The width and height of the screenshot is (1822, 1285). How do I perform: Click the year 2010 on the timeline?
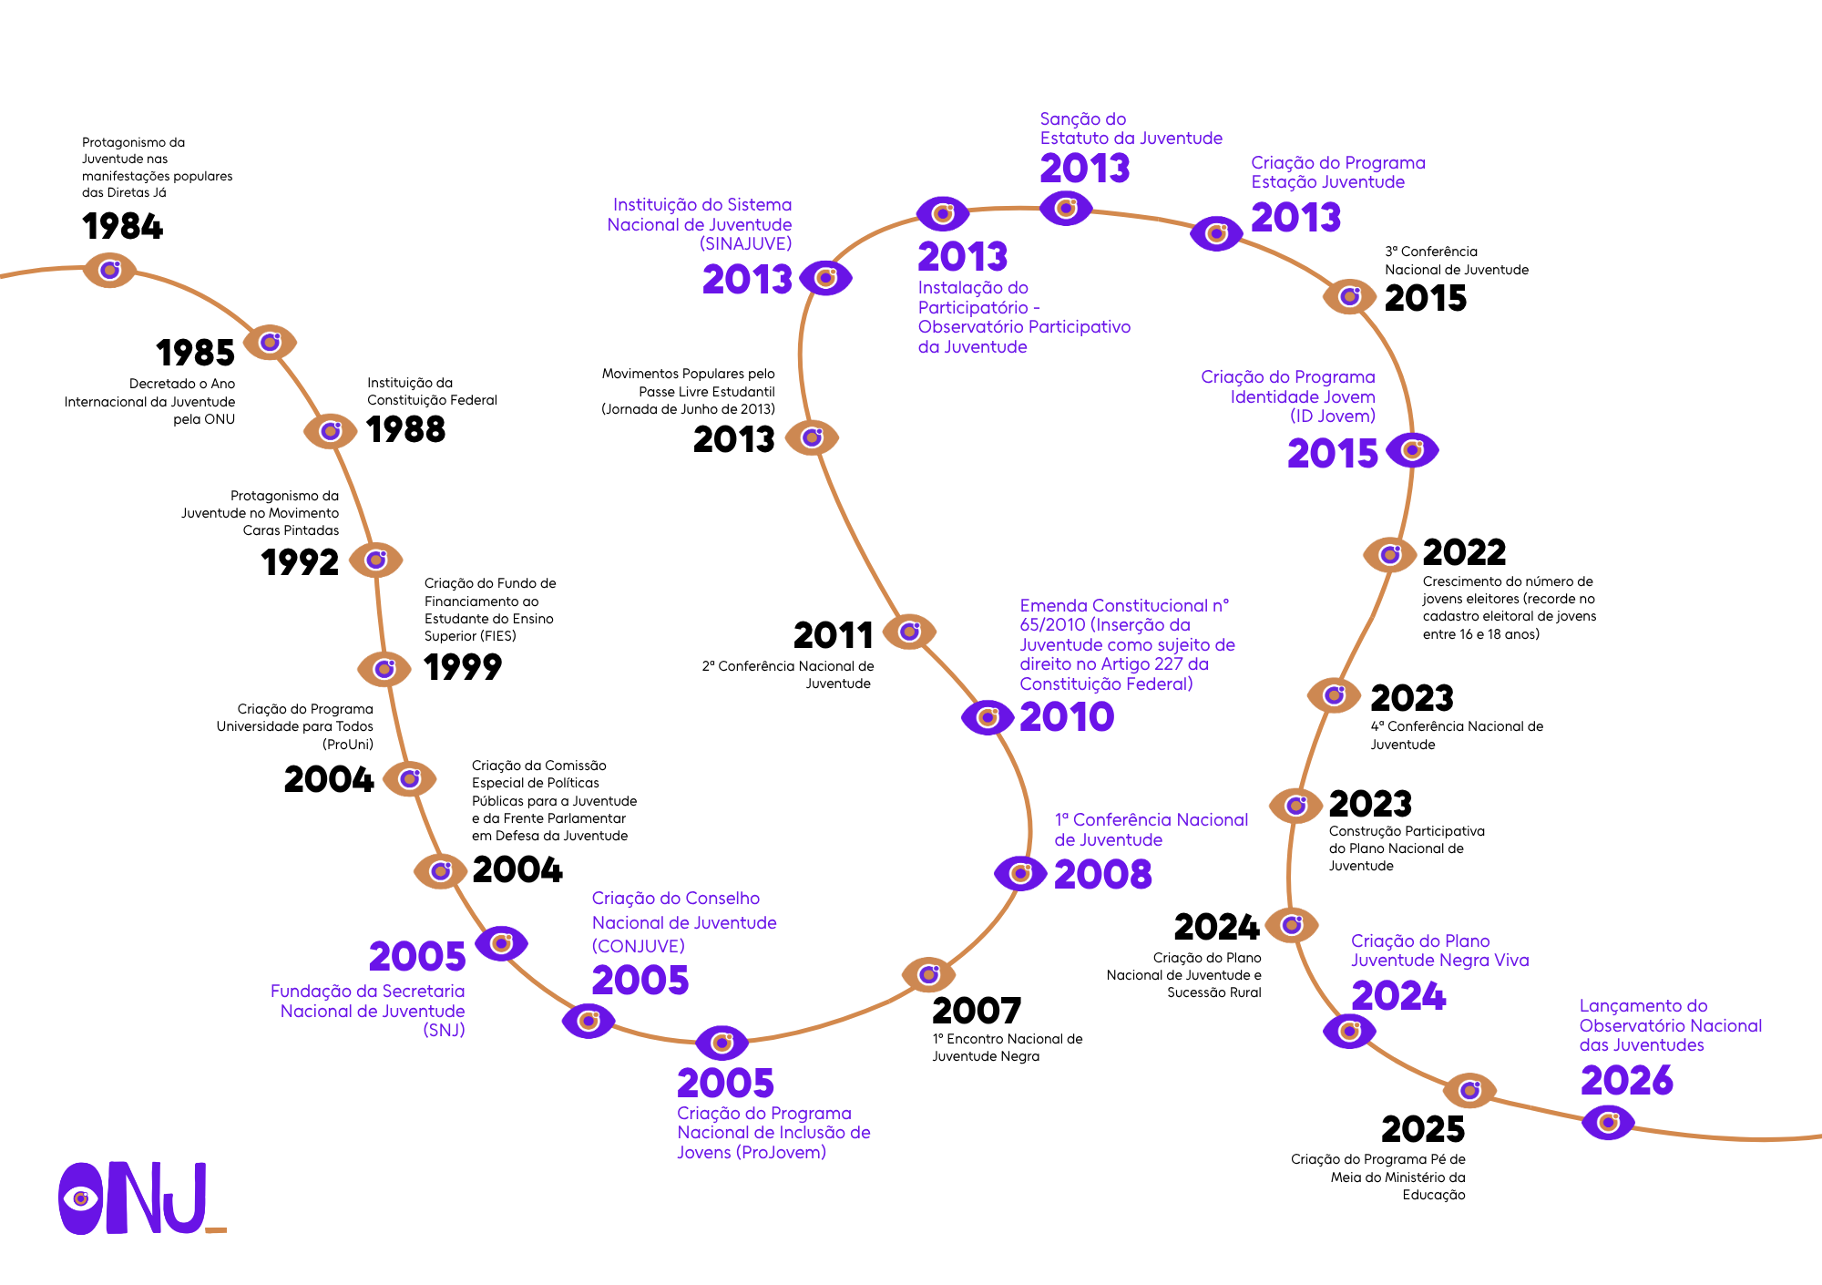(1067, 717)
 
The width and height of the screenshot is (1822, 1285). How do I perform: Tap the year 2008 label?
(1103, 875)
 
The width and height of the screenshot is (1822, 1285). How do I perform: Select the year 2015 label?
(1333, 454)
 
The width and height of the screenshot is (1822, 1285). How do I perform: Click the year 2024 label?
(1398, 996)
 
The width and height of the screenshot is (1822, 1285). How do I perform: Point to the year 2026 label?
(1627, 1081)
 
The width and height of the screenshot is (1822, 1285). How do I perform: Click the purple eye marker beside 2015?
(1412, 450)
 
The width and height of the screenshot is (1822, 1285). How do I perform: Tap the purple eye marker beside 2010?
(988, 718)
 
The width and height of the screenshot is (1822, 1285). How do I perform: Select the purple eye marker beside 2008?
(1020, 874)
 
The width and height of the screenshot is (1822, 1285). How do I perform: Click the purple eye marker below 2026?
(1608, 1122)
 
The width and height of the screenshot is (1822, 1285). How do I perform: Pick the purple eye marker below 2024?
(1349, 1032)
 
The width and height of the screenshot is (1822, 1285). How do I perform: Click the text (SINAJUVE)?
(746, 244)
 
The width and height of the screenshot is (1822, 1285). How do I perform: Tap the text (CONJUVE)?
(638, 947)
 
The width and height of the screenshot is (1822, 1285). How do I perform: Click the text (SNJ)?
(444, 1031)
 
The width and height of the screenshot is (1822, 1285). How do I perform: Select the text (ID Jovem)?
(1333, 416)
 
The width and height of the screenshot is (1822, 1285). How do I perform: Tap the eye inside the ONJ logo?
(81, 1198)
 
